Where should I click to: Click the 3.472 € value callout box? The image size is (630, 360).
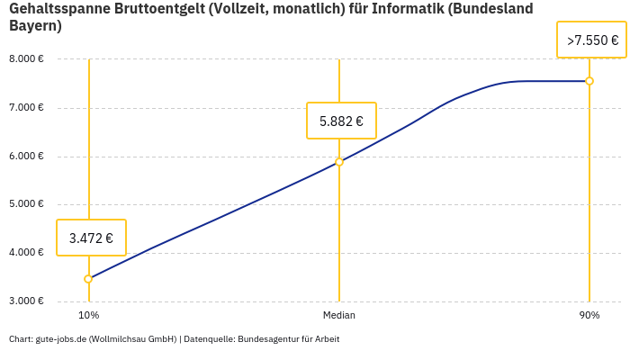(x=91, y=238)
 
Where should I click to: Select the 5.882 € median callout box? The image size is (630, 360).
(x=341, y=121)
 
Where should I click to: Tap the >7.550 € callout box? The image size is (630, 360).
(x=591, y=40)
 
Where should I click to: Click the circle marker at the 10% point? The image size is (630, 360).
(x=88, y=279)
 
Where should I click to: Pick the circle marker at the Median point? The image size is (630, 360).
(x=339, y=162)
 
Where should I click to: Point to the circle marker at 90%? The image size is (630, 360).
(x=589, y=81)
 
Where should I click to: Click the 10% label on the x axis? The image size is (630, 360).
(x=88, y=315)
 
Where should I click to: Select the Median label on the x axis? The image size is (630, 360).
(x=339, y=315)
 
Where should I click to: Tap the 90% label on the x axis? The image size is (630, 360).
(x=589, y=315)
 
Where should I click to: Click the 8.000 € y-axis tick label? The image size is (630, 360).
(x=26, y=59)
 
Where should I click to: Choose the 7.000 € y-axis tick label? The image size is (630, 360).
(x=26, y=108)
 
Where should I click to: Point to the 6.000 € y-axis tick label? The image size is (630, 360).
(x=26, y=157)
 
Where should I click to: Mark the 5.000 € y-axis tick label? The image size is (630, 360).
(x=26, y=204)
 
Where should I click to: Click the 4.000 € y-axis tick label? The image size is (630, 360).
(x=26, y=253)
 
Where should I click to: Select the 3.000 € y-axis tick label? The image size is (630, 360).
(x=26, y=301)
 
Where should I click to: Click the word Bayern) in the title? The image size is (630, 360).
(x=35, y=25)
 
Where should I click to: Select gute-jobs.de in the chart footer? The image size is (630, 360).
(x=60, y=339)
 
